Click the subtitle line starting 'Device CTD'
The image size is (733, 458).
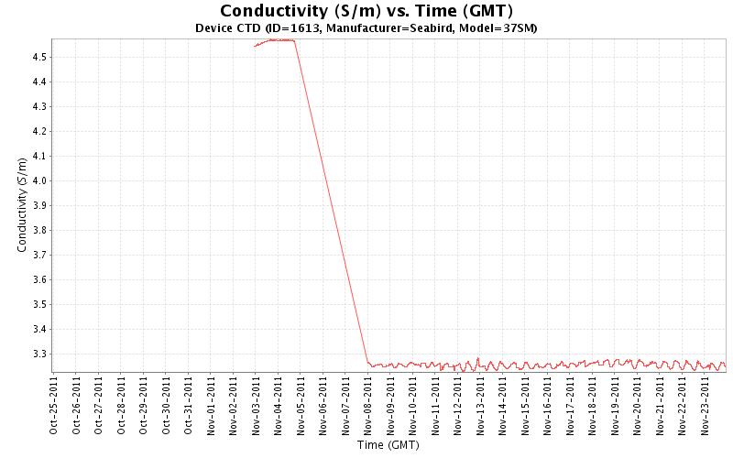366,28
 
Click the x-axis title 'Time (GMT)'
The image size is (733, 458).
388,445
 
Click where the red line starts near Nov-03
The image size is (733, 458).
255,46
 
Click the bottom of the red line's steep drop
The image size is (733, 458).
367,363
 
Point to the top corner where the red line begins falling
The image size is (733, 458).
294,40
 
